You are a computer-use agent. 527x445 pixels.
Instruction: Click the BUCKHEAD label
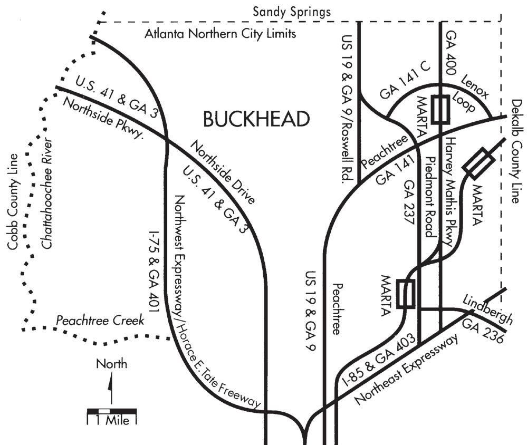[x=256, y=120]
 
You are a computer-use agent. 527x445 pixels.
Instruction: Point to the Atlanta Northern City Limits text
[x=221, y=35]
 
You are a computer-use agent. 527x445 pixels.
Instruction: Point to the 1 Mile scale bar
[x=111, y=411]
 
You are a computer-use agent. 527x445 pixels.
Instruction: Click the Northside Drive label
[x=222, y=171]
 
